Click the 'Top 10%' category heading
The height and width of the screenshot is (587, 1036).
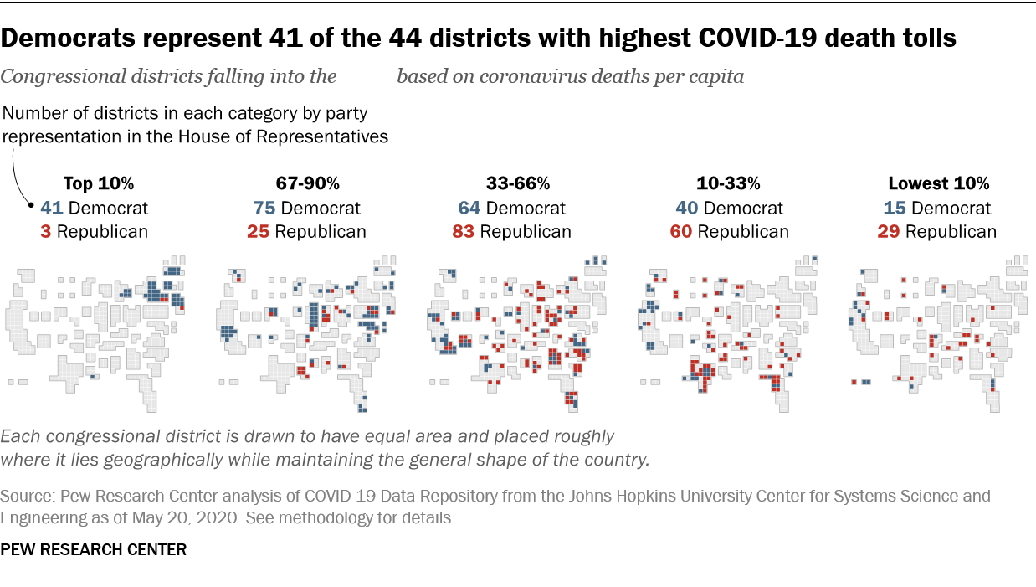coord(99,183)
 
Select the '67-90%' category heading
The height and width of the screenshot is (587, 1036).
coord(307,183)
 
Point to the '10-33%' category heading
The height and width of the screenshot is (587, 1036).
coord(729,183)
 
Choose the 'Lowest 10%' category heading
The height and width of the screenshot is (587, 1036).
coord(939,183)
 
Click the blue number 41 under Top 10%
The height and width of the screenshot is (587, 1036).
coord(52,208)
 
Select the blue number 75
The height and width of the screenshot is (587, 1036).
coord(264,208)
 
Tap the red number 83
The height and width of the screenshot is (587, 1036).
coord(464,232)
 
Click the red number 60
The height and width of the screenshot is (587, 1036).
coord(681,232)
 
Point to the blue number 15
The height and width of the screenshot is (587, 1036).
coord(895,208)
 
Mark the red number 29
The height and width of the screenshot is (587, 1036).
coord(890,232)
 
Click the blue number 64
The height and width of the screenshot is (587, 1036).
coord(469,208)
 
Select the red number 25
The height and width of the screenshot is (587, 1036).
coord(259,232)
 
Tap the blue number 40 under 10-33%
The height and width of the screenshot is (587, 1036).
coord(687,208)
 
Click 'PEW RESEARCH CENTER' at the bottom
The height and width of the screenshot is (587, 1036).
coord(93,550)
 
